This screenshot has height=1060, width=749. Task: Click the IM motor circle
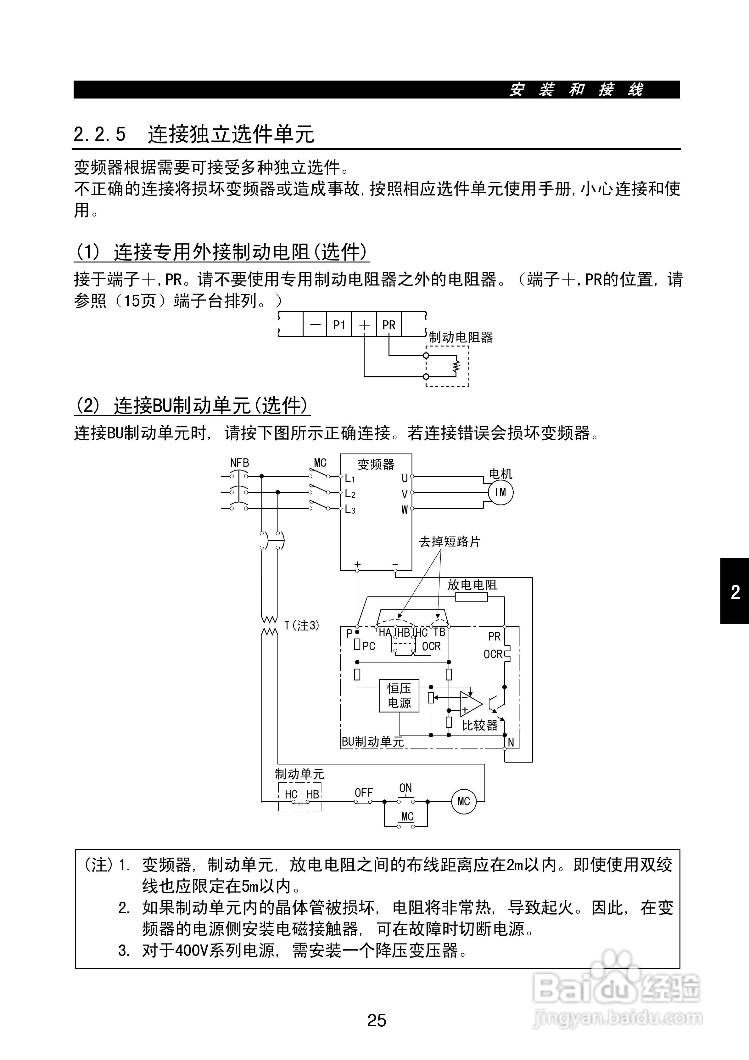[x=500, y=492]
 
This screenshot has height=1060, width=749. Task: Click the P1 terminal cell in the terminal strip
[x=339, y=325]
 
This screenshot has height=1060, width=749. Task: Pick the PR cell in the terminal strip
[x=388, y=325]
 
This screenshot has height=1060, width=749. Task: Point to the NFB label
[x=239, y=463]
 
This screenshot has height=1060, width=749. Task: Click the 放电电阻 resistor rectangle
[x=471, y=597]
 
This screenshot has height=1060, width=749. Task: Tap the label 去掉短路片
[x=450, y=542]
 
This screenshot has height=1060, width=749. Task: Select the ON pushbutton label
[x=406, y=788]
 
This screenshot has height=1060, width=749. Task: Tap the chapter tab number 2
[x=735, y=592]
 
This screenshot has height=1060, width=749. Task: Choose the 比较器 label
[x=480, y=725]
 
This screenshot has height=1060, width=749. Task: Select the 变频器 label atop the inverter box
[x=376, y=464]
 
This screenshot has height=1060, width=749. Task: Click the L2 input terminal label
[x=350, y=494]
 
